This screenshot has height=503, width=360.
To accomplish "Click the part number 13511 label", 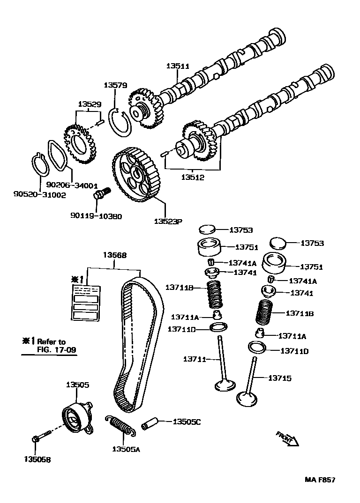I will click(x=178, y=67).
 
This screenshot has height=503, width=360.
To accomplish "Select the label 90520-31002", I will click(x=39, y=194).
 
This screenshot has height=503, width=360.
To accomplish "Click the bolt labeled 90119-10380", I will click(x=100, y=194).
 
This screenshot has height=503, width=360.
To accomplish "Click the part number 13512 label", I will click(x=193, y=178).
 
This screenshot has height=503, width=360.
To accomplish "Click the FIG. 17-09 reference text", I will click(x=56, y=350).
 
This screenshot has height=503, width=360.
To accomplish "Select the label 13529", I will click(x=89, y=104).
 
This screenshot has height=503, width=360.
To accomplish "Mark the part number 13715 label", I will click(x=279, y=377).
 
